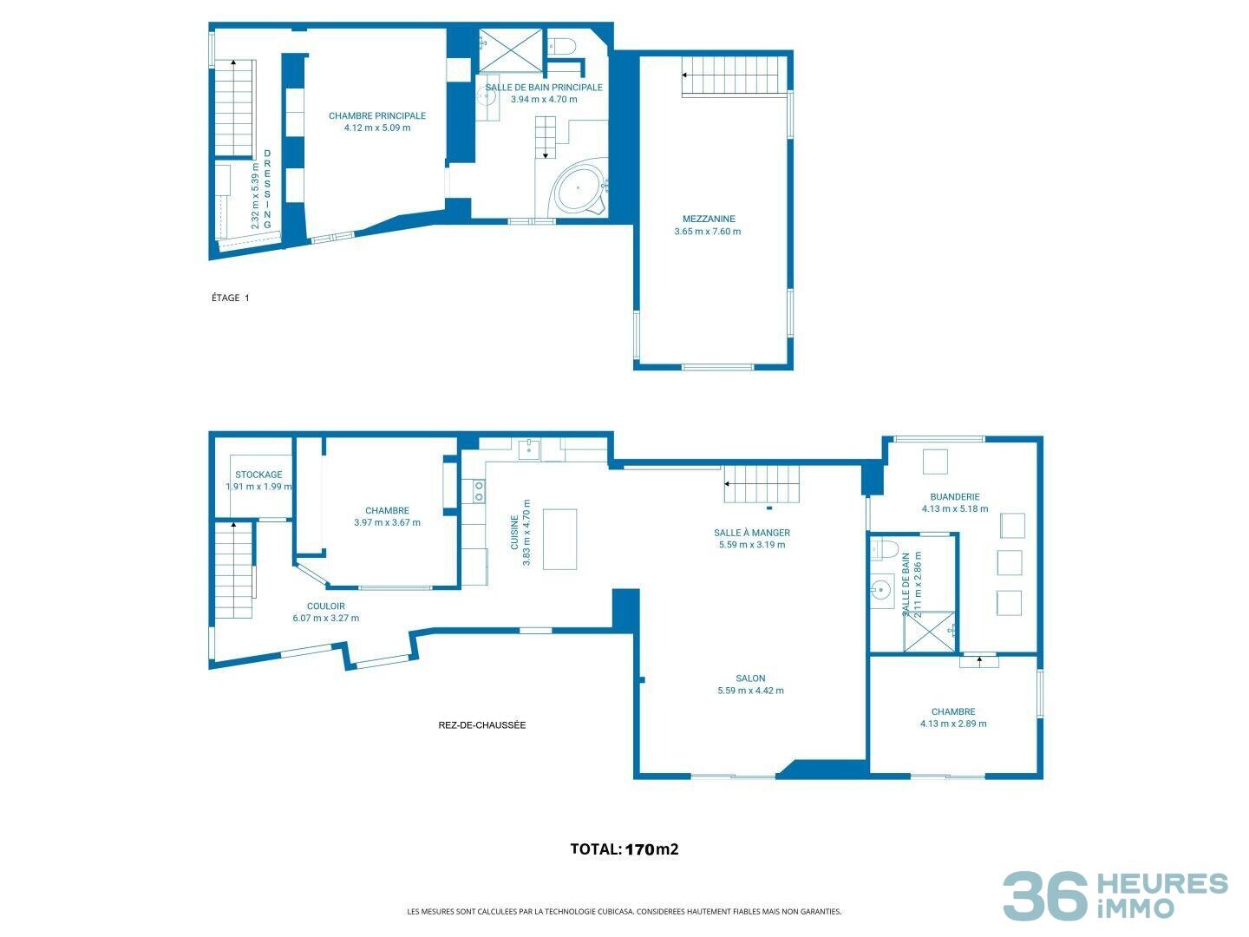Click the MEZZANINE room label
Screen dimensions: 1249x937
709,219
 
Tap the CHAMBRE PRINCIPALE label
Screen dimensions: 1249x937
377,115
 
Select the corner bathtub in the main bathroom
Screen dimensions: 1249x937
580,189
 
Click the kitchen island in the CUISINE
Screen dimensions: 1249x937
560,539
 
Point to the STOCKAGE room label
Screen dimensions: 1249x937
258,475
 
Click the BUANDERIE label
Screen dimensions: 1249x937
955,496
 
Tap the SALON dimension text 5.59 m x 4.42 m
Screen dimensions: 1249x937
750,691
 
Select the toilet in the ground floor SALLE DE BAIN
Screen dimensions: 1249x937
885,548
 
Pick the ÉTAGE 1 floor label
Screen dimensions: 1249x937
231,298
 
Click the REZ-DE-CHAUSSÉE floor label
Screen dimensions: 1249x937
482,724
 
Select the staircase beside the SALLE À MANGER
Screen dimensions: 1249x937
762,483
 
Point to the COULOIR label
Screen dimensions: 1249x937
326,606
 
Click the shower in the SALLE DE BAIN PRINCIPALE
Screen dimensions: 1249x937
510,50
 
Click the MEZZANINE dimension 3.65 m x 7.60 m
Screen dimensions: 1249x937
708,231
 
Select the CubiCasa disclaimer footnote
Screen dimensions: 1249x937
624,911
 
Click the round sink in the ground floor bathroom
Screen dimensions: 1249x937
880,589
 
